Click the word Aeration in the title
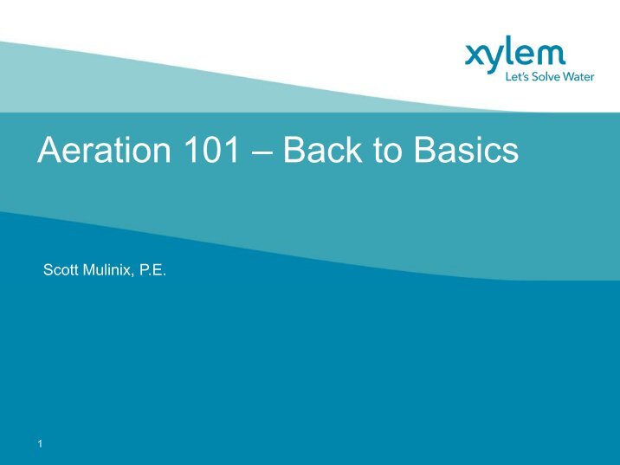point(104,150)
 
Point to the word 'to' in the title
point(388,151)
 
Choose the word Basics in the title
point(466,149)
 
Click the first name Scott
point(61,269)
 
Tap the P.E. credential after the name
point(152,269)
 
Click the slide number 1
point(40,443)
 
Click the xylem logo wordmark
point(515,58)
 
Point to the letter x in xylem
point(475,55)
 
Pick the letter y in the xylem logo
point(494,60)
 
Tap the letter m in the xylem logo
point(551,55)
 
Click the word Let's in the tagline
point(518,76)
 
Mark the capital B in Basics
point(424,150)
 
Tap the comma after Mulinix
point(132,275)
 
